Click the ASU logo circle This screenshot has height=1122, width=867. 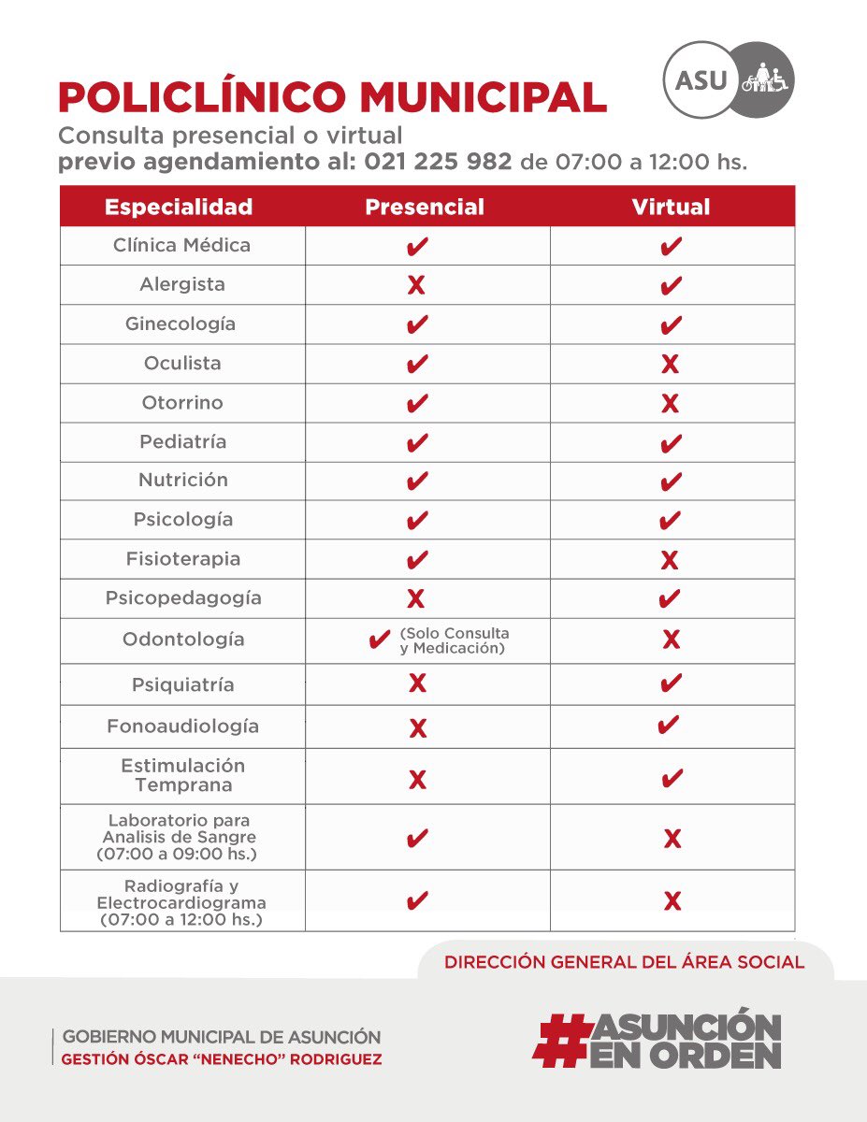[x=701, y=79]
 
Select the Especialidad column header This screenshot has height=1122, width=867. [x=179, y=207]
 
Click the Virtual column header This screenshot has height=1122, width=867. [x=671, y=207]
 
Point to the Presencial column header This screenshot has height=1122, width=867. [x=425, y=207]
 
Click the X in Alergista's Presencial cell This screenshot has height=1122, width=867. [x=417, y=286]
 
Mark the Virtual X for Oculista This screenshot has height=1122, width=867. [x=670, y=365]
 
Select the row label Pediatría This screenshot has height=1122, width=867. [x=183, y=441]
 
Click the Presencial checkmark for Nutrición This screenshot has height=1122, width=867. [x=418, y=482]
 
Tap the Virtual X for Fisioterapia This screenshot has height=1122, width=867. [x=670, y=561]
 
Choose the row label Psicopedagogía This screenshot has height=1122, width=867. [x=183, y=597]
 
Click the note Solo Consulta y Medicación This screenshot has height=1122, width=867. [x=454, y=640]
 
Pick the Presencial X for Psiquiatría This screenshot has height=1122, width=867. [x=417, y=684]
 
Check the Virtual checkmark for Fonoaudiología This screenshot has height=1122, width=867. [x=670, y=725]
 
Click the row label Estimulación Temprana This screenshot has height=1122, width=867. [x=183, y=775]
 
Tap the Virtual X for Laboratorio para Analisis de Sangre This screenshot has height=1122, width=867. [x=672, y=839]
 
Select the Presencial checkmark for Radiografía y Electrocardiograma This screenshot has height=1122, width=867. [x=418, y=901]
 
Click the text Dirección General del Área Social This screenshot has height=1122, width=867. [x=624, y=962]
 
